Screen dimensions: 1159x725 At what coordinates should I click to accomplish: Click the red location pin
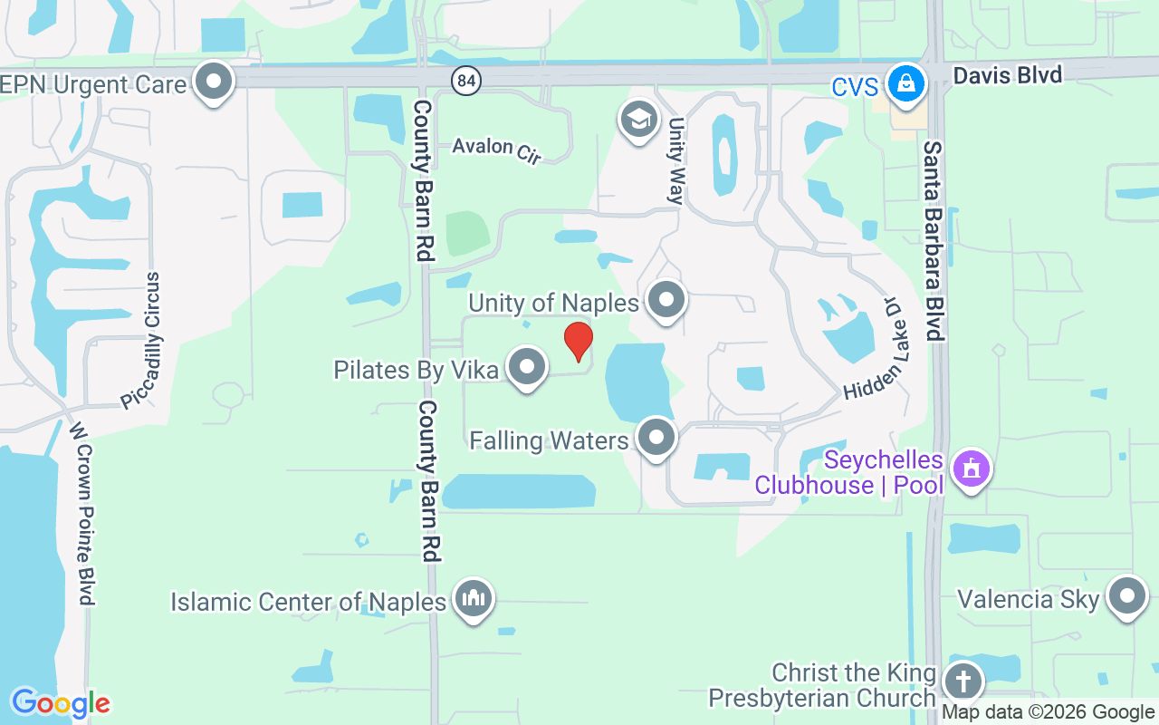[x=578, y=341]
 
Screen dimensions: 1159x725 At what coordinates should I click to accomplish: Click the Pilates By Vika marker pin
[x=527, y=367]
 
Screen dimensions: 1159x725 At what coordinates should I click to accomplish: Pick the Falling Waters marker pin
[x=656, y=438]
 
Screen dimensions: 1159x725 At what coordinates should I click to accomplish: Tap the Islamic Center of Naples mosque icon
[x=474, y=598]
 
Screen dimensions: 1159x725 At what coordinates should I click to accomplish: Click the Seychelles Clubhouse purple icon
[x=972, y=469]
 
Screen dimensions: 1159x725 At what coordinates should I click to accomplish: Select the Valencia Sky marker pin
[x=1127, y=596]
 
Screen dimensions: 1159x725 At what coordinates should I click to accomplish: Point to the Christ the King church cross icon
[x=963, y=680]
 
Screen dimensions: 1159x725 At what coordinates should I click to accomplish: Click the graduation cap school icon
[x=638, y=119]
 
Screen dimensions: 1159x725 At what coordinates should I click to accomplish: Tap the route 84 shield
[x=466, y=81]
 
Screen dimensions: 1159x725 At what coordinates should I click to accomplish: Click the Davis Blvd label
[x=1007, y=74]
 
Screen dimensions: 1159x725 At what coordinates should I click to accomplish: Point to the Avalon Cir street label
[x=496, y=150]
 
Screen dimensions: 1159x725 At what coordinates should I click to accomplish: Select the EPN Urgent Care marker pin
[x=215, y=82]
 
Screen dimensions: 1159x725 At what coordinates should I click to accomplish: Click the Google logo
[x=60, y=703]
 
